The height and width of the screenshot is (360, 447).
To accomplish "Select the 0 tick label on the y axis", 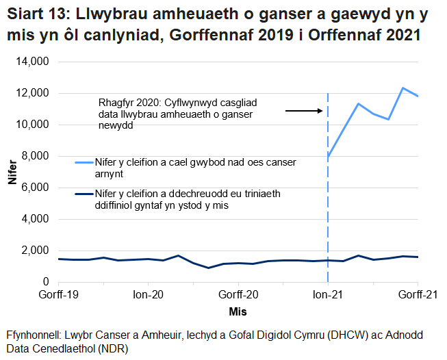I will click(45, 281).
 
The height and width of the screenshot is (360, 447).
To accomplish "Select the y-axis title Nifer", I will click(12, 171).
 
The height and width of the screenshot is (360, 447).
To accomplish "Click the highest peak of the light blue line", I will click(403, 88).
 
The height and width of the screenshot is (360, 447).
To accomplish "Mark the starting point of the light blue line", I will click(328, 157).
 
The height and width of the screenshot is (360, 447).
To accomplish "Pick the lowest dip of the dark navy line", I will click(208, 268).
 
